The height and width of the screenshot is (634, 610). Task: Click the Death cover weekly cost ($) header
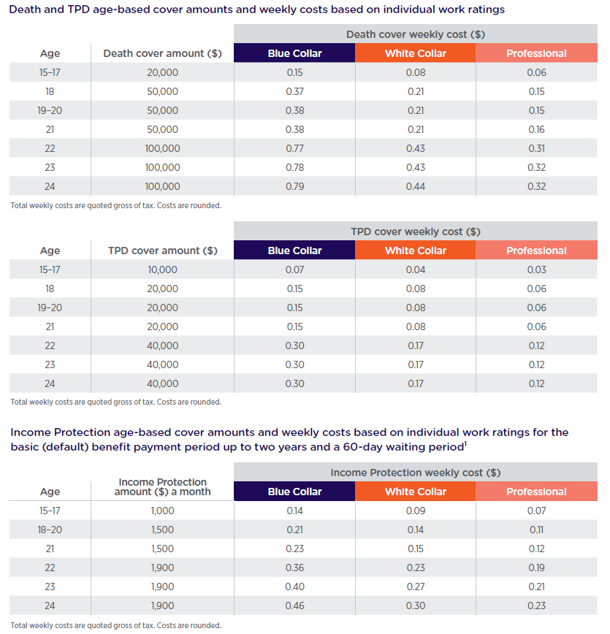pos(415,34)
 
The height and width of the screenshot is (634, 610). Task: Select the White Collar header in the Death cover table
pos(415,53)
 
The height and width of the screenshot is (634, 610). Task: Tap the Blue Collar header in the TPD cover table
pos(294,251)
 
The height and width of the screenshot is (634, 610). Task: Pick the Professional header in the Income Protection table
pos(536,492)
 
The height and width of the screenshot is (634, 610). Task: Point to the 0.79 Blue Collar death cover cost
pos(294,186)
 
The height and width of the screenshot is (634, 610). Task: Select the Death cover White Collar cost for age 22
pos(415,148)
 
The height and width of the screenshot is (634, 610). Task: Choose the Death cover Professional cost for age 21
pos(536,129)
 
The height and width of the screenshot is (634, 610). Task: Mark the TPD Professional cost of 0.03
pos(536,270)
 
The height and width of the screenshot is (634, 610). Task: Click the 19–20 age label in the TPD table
pos(50,308)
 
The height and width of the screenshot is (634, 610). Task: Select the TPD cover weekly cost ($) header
pos(415,232)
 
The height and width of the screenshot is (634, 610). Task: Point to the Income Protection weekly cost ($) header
pos(415,473)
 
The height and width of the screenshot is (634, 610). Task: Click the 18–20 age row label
pos(50,530)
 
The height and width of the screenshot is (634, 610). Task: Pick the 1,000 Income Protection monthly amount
pos(162,511)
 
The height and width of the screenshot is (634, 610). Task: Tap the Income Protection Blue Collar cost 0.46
pos(294,606)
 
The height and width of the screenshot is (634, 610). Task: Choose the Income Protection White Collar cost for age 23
pos(415,587)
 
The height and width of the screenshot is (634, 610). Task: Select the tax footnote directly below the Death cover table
pos(115,205)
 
